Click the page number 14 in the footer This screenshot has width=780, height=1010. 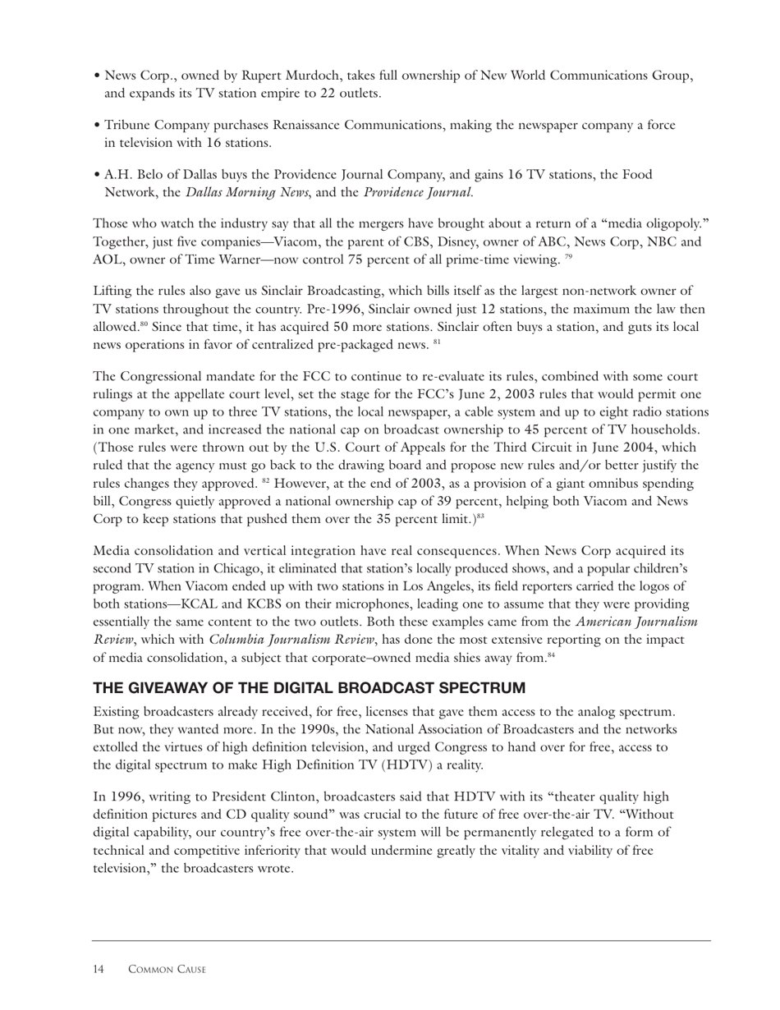(x=99, y=970)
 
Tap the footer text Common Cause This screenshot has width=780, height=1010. (x=167, y=970)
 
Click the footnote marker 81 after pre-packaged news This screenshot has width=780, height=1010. (x=438, y=343)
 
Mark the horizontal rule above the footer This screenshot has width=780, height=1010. (x=401, y=940)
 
